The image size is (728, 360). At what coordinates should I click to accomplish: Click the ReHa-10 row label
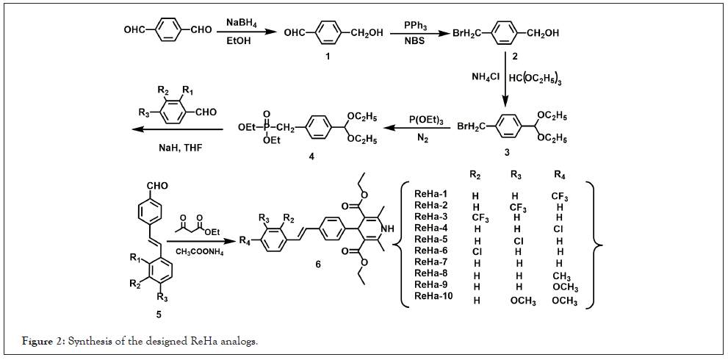(432, 296)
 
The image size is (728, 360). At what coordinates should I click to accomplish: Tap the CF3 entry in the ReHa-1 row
(560, 197)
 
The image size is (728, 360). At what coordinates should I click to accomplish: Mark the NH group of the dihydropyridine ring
(389, 229)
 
